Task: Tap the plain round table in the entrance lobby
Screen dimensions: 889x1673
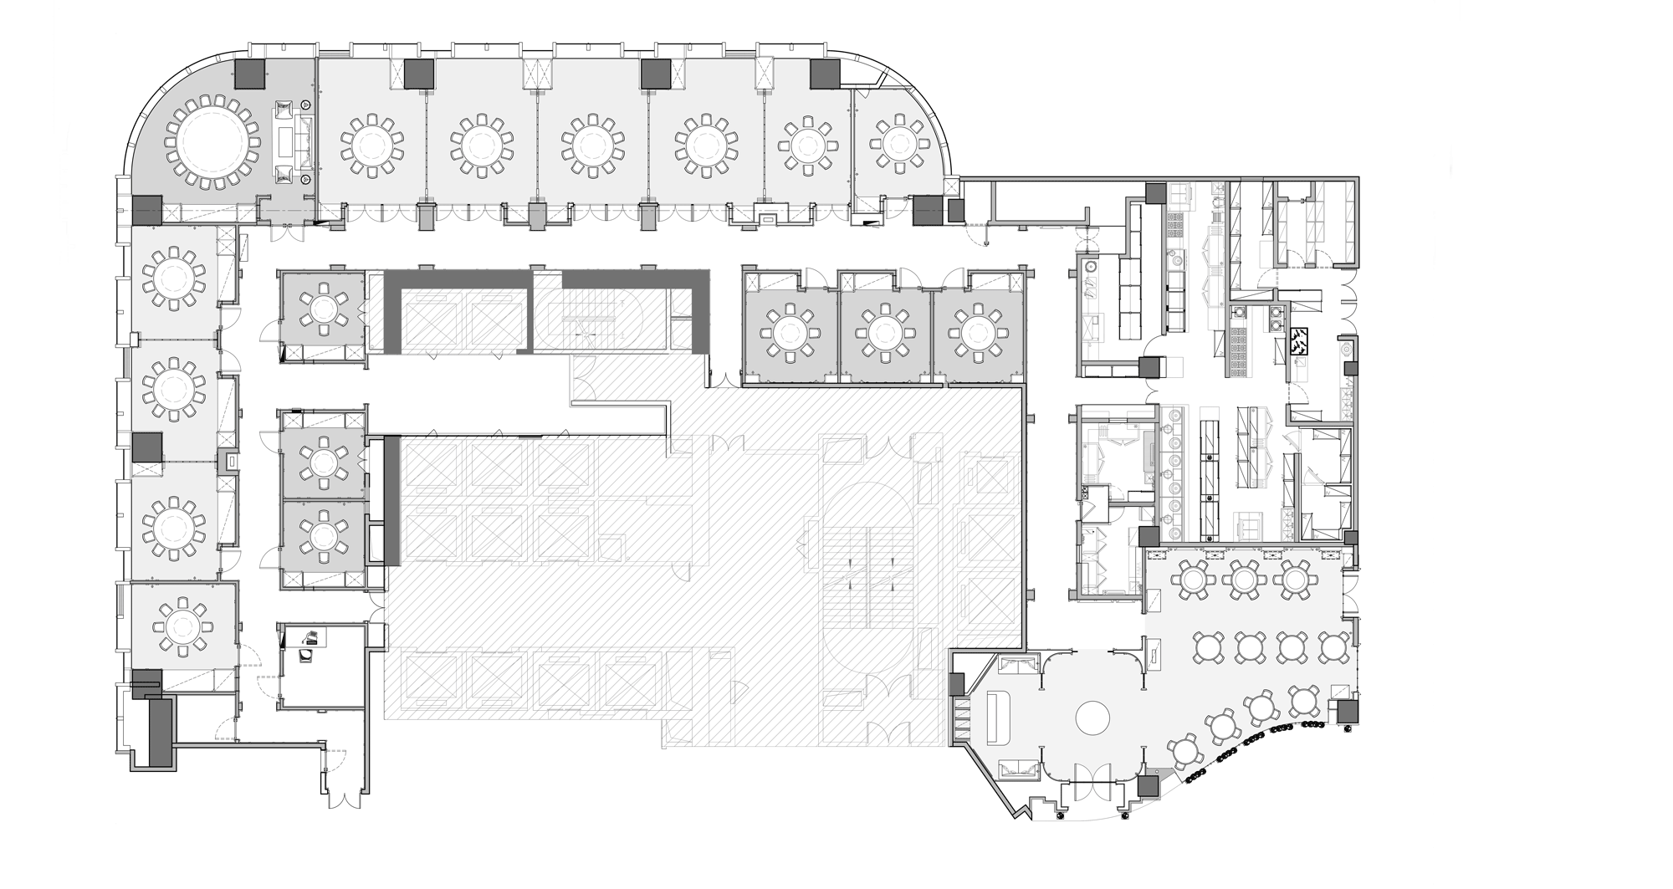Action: click(1092, 717)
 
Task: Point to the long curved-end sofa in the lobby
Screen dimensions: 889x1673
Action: click(999, 718)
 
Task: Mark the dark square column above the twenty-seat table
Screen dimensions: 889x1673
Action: click(249, 74)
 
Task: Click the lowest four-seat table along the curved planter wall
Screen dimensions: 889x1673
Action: click(1184, 750)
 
